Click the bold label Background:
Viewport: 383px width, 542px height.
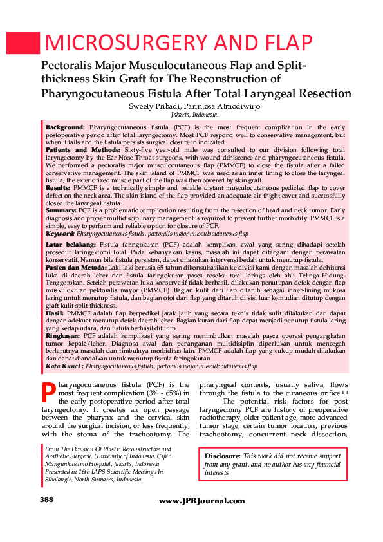tap(65, 129)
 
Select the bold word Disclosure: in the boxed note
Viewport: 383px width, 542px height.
tap(223, 456)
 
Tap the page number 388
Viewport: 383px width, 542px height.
tap(46, 500)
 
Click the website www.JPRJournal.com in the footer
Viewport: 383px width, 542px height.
tap(201, 501)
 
